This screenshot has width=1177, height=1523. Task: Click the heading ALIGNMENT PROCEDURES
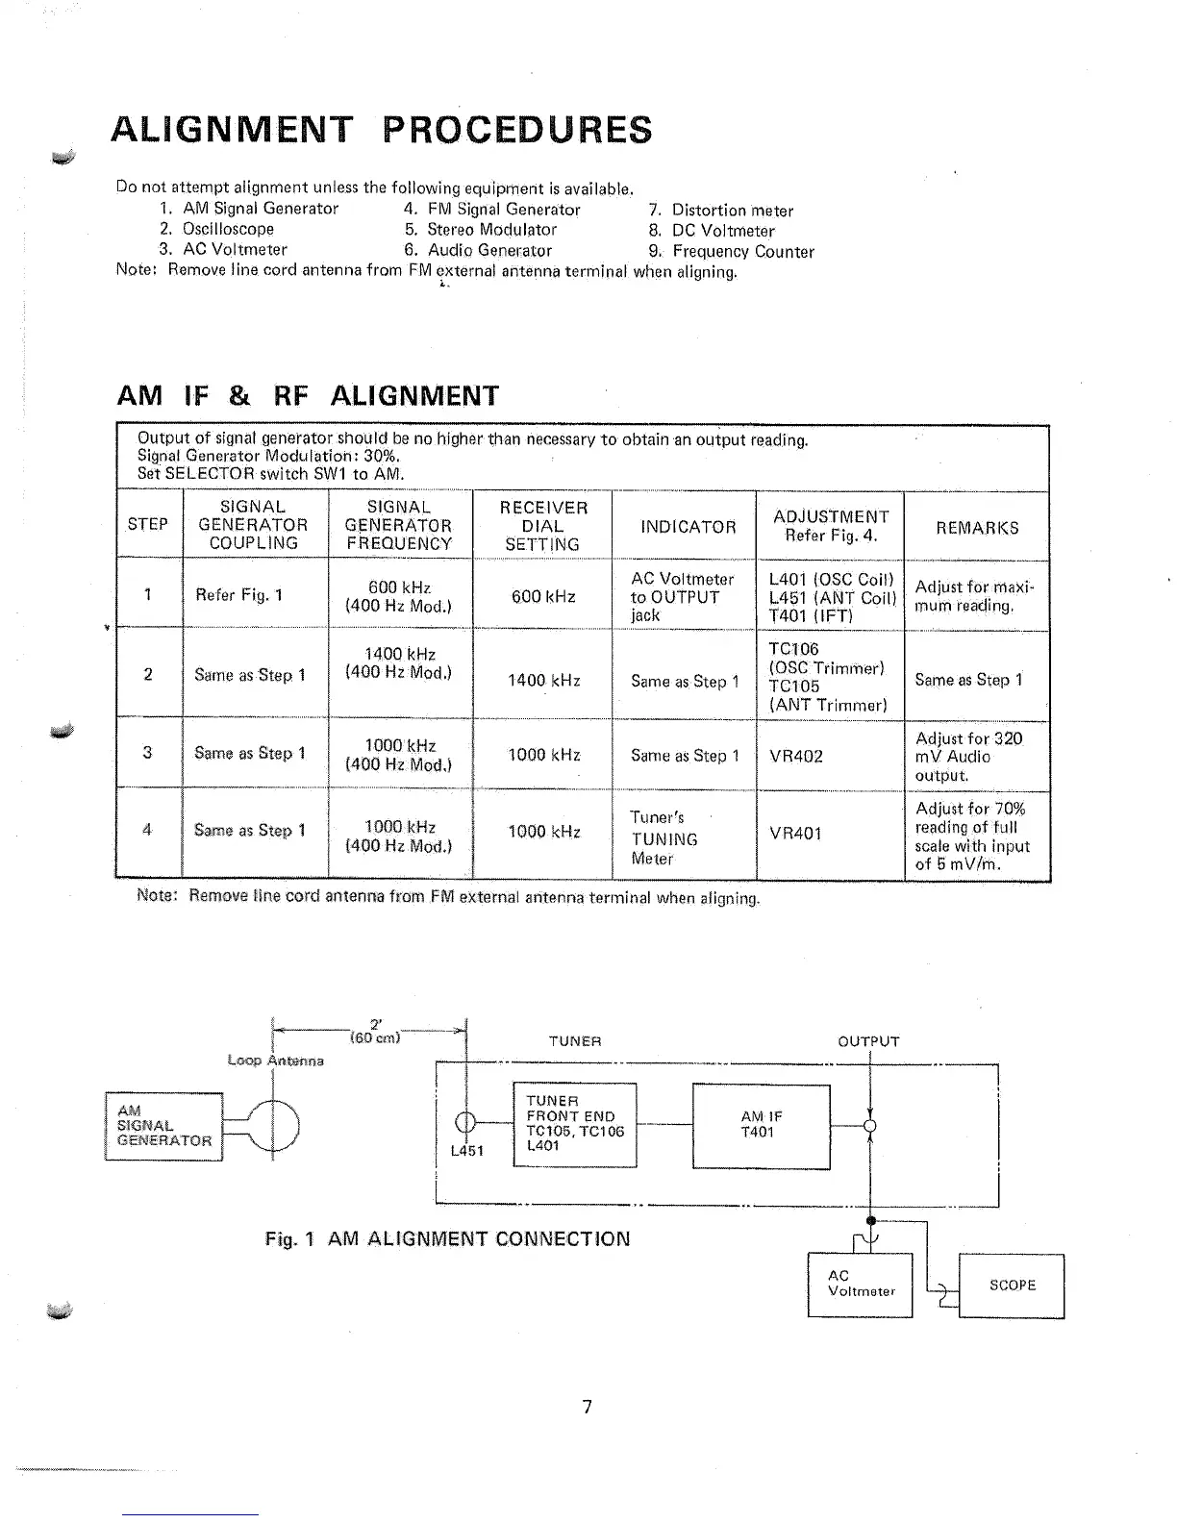(382, 130)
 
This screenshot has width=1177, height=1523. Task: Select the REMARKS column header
(977, 527)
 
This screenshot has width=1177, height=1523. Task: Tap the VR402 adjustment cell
(796, 757)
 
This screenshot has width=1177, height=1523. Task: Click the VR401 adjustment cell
(796, 834)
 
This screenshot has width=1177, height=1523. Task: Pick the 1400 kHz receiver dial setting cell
(543, 681)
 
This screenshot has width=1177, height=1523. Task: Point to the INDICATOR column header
(688, 527)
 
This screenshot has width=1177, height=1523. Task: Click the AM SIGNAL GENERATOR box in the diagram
(163, 1126)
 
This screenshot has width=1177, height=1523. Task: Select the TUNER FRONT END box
(575, 1124)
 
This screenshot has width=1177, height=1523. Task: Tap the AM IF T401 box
(761, 1125)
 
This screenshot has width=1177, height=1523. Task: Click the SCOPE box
(1012, 1286)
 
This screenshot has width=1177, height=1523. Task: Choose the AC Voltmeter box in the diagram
(860, 1285)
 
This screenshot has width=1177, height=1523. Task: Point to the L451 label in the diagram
(467, 1151)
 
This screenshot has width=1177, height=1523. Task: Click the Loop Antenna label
(276, 1061)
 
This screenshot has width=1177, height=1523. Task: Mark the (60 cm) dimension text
(375, 1037)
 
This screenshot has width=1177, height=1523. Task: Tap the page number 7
(588, 1408)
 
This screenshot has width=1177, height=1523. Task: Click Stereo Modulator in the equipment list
(491, 230)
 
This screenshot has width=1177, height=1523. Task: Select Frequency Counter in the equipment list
(742, 252)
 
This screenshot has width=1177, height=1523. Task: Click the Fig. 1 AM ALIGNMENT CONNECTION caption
(447, 1238)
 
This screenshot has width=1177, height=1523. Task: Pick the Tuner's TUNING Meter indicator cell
(664, 837)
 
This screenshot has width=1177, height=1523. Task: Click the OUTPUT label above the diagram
(868, 1041)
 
